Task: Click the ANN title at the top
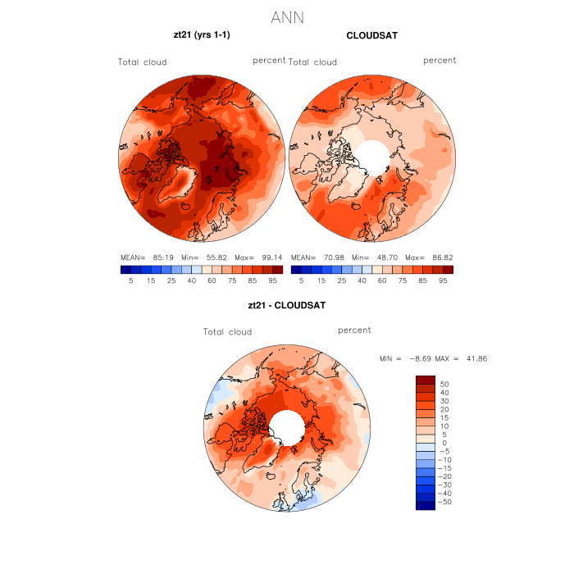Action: (x=287, y=17)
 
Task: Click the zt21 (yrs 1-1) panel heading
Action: (x=200, y=35)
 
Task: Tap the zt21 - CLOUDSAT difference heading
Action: (x=287, y=306)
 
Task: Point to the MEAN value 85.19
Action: (x=166, y=257)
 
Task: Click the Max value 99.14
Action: (x=267, y=257)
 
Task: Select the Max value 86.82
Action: (x=438, y=257)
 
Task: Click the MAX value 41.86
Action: (x=476, y=359)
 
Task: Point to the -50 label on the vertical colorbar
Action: (x=444, y=501)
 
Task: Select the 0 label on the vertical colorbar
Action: (x=444, y=443)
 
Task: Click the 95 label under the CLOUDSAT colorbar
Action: (x=443, y=280)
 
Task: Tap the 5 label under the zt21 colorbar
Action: (x=130, y=280)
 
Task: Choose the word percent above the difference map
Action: (x=354, y=330)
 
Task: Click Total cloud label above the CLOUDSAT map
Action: (x=312, y=62)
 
